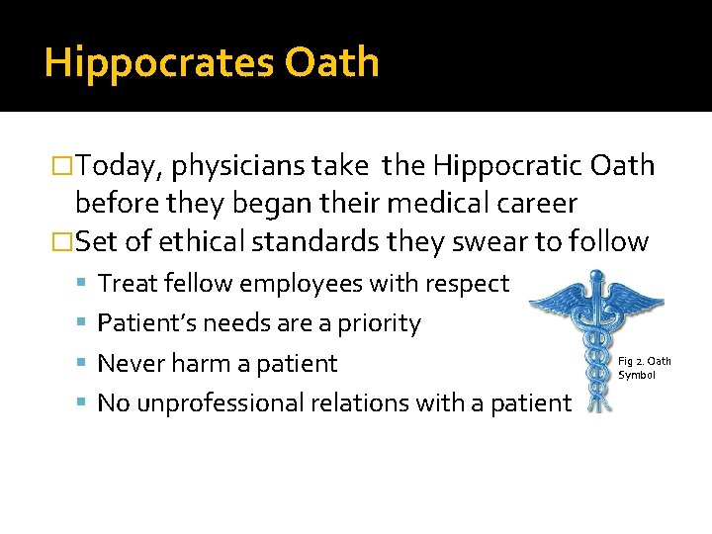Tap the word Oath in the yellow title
(x=332, y=62)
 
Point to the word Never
(x=129, y=364)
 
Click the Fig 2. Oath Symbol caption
(x=644, y=368)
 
